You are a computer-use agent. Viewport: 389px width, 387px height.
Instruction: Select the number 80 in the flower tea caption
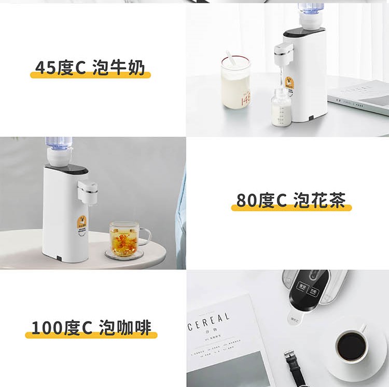[x=247, y=201]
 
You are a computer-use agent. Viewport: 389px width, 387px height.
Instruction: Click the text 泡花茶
[x=319, y=201]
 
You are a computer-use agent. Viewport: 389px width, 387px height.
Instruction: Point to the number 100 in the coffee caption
[x=47, y=328]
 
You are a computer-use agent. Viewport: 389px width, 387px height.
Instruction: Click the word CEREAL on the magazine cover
[x=209, y=321]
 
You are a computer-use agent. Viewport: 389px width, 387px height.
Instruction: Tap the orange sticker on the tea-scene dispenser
[x=81, y=224]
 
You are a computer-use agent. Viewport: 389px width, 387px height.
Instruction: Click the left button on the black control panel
[x=301, y=289]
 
